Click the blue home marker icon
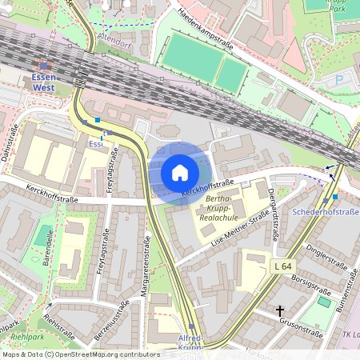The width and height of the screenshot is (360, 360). coord(180,172)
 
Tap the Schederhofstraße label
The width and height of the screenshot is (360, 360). coord(325,212)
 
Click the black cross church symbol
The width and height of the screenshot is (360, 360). coord(280,310)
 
